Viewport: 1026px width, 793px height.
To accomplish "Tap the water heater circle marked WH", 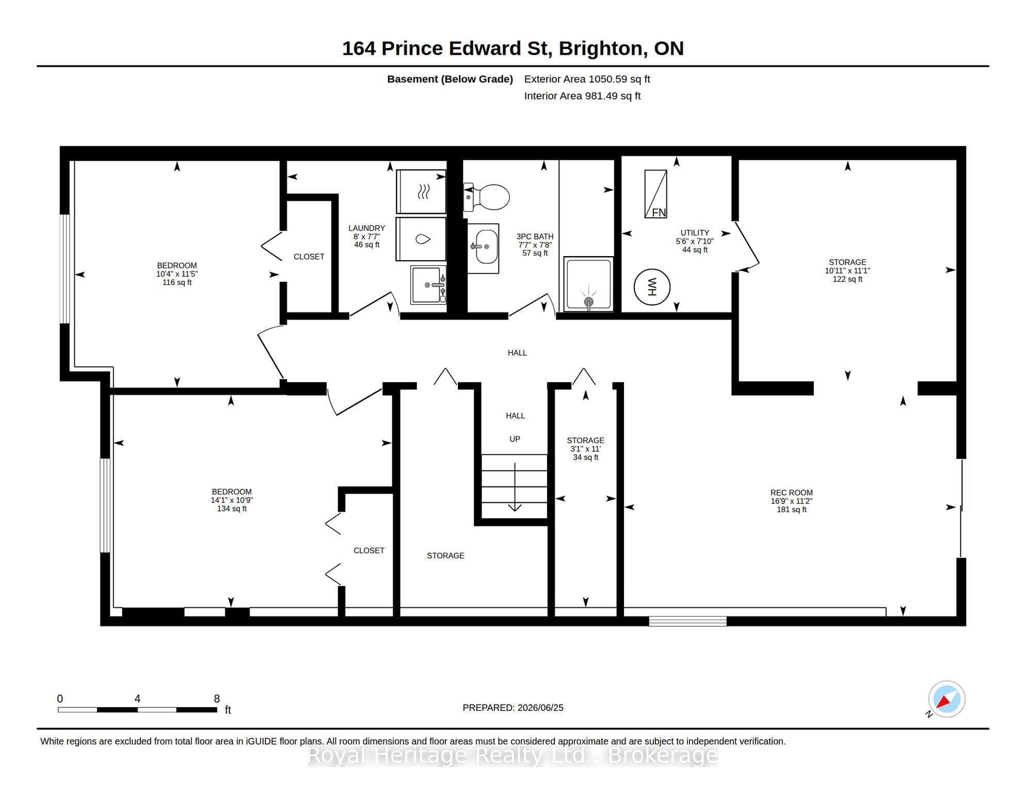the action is [652, 287].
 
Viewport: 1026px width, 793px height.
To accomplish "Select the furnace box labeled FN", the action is [656, 194].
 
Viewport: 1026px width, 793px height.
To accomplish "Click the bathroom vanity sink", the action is [484, 248].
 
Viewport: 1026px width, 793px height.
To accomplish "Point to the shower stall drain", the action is [588, 302].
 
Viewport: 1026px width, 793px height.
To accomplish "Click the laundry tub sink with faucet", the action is [428, 285].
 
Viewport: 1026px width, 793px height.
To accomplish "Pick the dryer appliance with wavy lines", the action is [421, 192].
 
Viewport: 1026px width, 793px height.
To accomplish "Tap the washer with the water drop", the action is [421, 239].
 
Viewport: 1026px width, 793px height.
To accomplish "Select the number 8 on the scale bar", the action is [217, 699].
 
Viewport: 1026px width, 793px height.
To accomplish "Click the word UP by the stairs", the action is [515, 439].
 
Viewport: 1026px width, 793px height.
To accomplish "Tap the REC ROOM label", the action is [792, 493].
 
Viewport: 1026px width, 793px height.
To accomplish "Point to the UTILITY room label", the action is [695, 233].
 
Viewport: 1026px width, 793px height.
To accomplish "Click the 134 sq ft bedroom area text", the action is [232, 509].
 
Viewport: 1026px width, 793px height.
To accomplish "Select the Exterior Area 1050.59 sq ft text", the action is [587, 79].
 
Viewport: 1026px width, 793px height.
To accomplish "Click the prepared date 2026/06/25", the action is [539, 708].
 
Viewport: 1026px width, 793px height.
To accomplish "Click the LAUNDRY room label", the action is [366, 228].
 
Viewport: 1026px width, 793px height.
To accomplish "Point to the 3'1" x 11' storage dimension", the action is [586, 449].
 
